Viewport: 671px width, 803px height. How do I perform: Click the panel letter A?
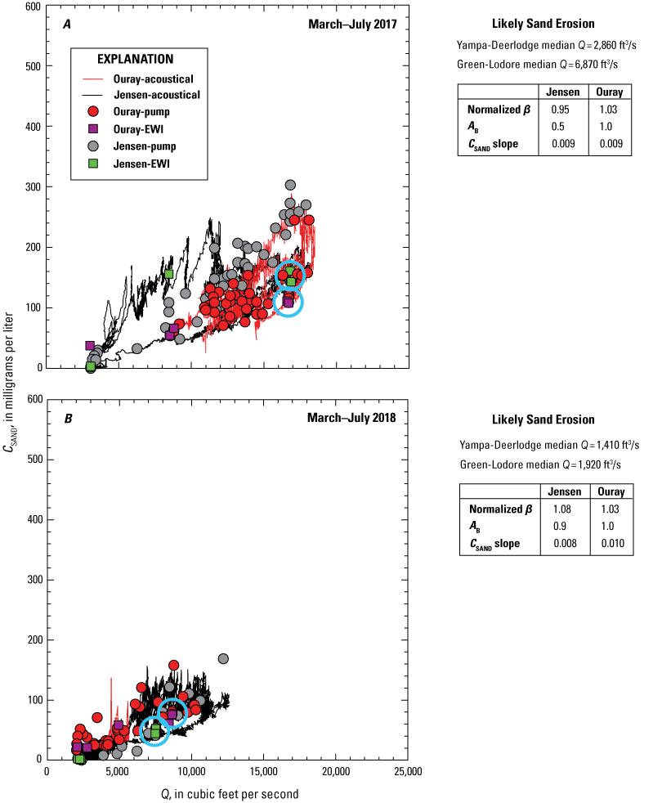67,25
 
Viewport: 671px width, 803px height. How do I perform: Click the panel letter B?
68,419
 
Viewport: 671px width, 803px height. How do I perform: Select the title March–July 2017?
352,25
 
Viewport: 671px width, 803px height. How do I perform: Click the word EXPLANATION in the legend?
135,60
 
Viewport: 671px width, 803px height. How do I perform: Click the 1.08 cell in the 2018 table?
565,509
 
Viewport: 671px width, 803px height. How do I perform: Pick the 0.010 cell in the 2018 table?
611,544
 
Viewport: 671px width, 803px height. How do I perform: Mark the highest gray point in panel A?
290,186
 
